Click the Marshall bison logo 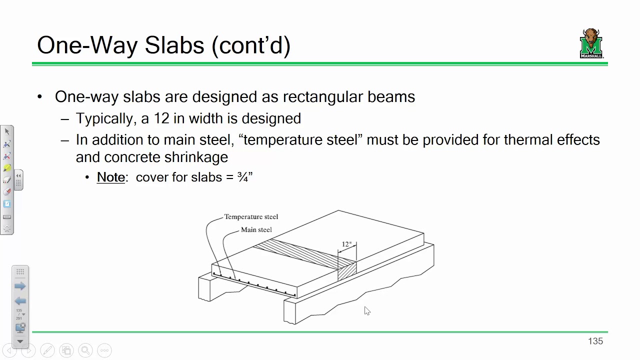591,43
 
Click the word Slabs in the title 174,45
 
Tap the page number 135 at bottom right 595,341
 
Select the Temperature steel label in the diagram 250,216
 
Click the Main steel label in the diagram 256,229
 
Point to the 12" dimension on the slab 346,244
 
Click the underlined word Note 110,177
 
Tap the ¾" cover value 245,177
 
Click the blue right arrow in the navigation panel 20,286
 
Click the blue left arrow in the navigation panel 20,301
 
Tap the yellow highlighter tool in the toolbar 7,168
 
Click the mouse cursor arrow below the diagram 367,311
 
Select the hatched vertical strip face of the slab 347,270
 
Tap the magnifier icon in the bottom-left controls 85,350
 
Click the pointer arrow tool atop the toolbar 7,131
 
